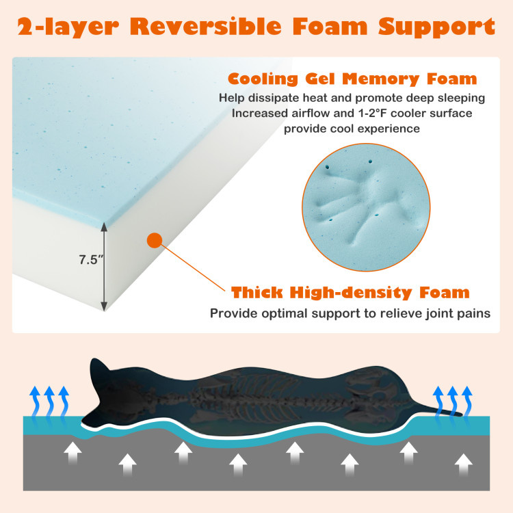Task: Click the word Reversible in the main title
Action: pos(206,27)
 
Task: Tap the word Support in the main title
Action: pos(436,27)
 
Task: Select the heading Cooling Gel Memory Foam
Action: pos(352,79)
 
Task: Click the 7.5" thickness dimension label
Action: pos(91,260)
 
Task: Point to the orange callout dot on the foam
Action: pos(155,241)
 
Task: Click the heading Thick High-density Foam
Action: pos(350,292)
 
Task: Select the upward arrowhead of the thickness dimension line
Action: pos(104,226)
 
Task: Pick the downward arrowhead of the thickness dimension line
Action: pos(104,306)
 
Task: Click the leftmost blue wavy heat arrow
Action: pos(34,402)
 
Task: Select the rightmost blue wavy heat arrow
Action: pos(467,402)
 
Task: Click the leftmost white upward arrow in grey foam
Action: pos(73,453)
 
